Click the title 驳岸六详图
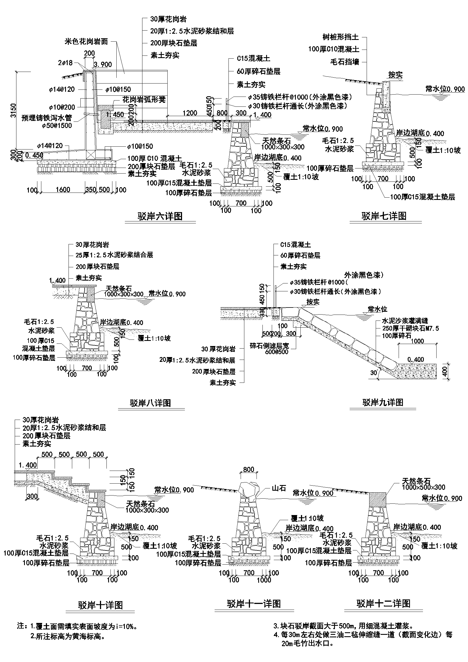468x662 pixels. pyautogui.click(x=160, y=216)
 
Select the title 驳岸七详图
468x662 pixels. pyautogui.click(x=384, y=216)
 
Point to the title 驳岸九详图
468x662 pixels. pyautogui.click(x=383, y=402)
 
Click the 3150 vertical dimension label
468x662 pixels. pyautogui.click(x=13, y=112)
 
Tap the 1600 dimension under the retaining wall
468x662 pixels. pyautogui.click(x=63, y=189)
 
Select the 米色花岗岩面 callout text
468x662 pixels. pyautogui.click(x=86, y=42)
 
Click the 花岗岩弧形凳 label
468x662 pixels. pyautogui.click(x=144, y=100)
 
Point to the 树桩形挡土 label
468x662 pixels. pyautogui.click(x=341, y=37)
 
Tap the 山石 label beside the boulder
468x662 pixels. pyautogui.click(x=279, y=488)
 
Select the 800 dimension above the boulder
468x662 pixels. pyautogui.click(x=248, y=469)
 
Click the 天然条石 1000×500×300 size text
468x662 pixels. pyautogui.click(x=424, y=487)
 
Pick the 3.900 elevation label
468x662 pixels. pyautogui.click(x=103, y=64)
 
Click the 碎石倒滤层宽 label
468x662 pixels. pyautogui.click(x=269, y=346)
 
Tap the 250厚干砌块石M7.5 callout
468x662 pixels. pyautogui.click(x=410, y=328)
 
